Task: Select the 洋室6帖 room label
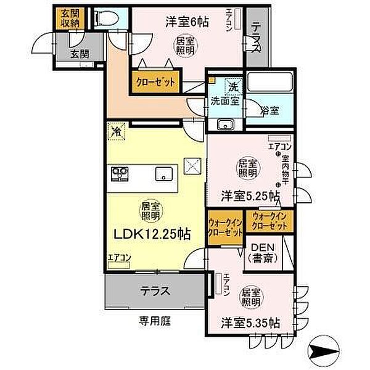point(186,22)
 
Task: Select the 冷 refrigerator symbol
point(115,130)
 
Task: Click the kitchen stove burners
point(118,173)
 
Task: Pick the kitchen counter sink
point(163,173)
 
